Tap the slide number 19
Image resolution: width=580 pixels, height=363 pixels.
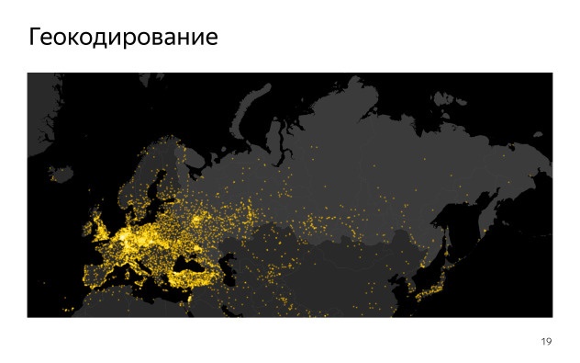pyautogui.click(x=546, y=342)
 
